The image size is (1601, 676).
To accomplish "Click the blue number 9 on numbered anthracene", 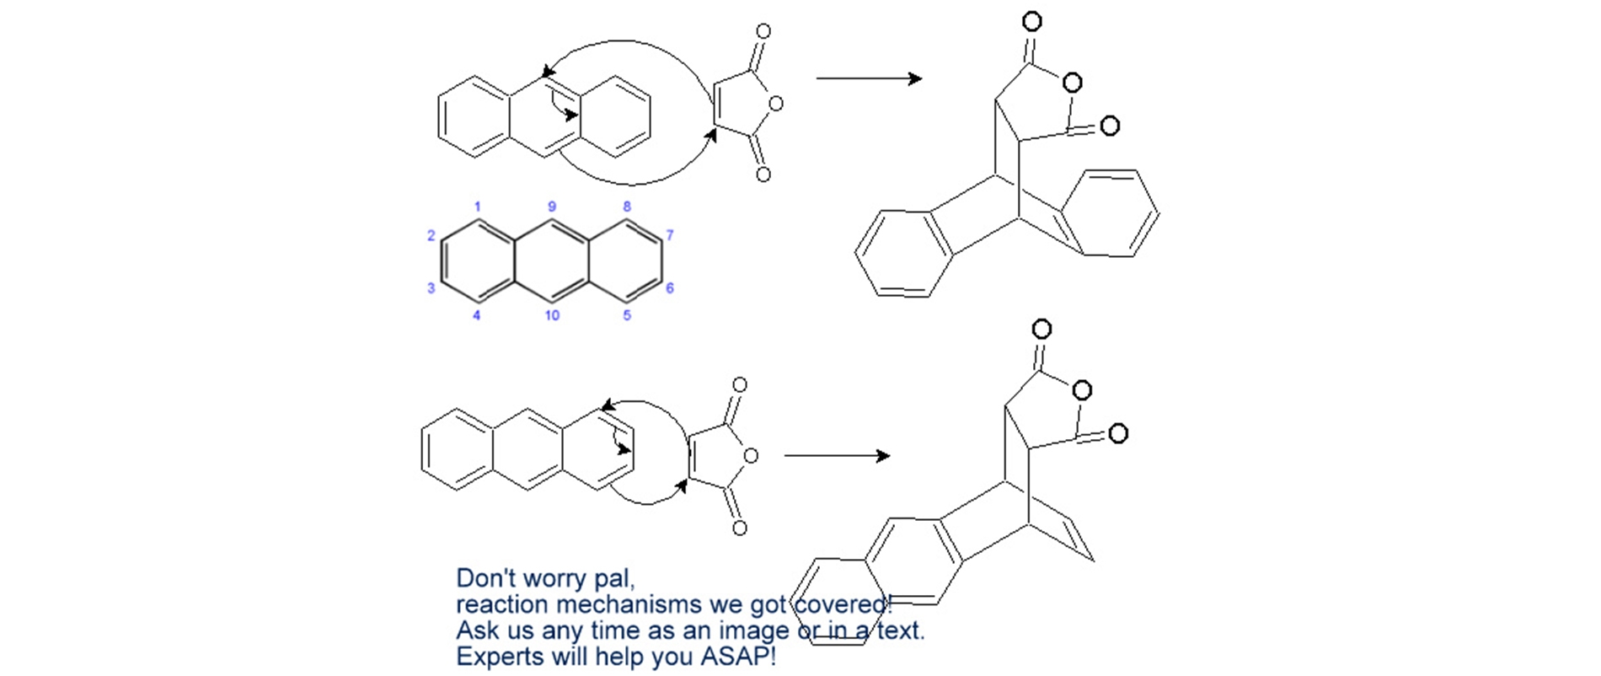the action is point(552,207).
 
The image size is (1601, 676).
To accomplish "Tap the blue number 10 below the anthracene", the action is point(552,315).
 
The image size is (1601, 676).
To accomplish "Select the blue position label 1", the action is point(477,207).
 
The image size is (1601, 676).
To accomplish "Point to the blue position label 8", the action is point(627,207).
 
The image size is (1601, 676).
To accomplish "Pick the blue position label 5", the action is point(627,315).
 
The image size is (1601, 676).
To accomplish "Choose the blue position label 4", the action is point(477,315).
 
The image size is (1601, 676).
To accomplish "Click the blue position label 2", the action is point(431,236).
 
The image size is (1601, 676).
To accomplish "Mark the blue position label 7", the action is point(670,235).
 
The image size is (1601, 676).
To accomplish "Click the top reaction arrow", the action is point(869,78).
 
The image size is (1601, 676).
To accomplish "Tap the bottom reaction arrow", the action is point(837,456).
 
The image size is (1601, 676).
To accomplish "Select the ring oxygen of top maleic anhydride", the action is point(776,104).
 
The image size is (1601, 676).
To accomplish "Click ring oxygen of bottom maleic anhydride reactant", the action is point(751,456).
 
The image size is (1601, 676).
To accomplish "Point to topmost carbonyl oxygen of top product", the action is point(1031,21).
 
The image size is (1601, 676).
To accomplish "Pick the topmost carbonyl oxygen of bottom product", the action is point(1041,329).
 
